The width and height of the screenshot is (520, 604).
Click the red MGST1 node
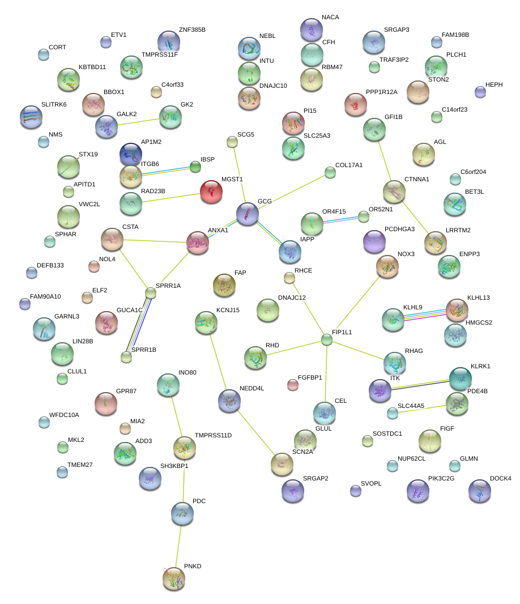tap(211, 192)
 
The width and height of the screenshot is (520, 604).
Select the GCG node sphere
tap(248, 214)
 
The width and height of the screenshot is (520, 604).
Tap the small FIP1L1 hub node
tap(327, 340)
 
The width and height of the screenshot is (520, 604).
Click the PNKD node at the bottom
tap(174, 579)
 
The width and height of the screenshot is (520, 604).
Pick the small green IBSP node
tap(195, 167)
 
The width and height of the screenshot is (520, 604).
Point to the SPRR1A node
tap(151, 293)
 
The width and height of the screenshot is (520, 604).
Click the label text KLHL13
tap(478, 297)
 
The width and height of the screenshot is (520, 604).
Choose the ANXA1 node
tap(197, 242)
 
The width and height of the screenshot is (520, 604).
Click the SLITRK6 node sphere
tap(31, 117)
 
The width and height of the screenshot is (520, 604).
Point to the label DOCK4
tap(500, 479)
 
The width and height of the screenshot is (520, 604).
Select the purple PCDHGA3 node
tap(373, 241)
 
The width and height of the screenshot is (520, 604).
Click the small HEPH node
tap(480, 92)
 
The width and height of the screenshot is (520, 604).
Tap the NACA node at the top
tap(311, 29)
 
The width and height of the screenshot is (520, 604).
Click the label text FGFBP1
tap(310, 377)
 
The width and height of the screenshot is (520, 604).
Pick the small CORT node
tap(44, 54)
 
